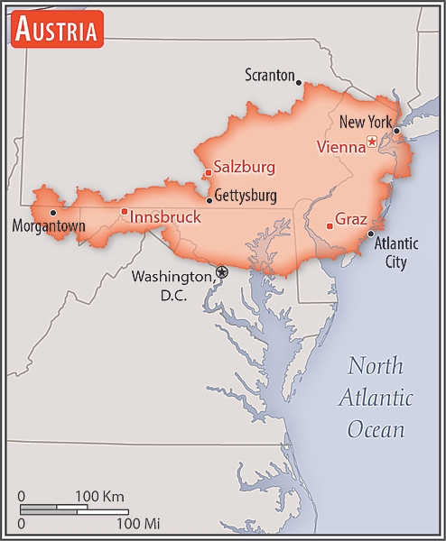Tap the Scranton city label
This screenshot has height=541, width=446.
pos(270,76)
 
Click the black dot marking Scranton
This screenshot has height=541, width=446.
pos(300,80)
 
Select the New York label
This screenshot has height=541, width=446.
pos(366,122)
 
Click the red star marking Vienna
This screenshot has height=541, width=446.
pos(372,141)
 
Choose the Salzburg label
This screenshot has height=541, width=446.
pos(244,167)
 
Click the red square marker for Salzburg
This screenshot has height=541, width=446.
pos(208,172)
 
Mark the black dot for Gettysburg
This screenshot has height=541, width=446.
pos(209,200)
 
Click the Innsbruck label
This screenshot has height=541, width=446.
pos(165,217)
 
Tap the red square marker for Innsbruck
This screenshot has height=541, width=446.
pos(125,211)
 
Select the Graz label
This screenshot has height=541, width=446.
pos(350,219)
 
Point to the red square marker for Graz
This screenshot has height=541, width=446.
pos(330,225)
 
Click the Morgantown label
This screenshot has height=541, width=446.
pos(48,226)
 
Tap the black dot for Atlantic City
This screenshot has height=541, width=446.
pos(370,234)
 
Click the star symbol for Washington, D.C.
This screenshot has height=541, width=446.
pos(222,271)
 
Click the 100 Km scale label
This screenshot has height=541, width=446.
pos(99,497)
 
